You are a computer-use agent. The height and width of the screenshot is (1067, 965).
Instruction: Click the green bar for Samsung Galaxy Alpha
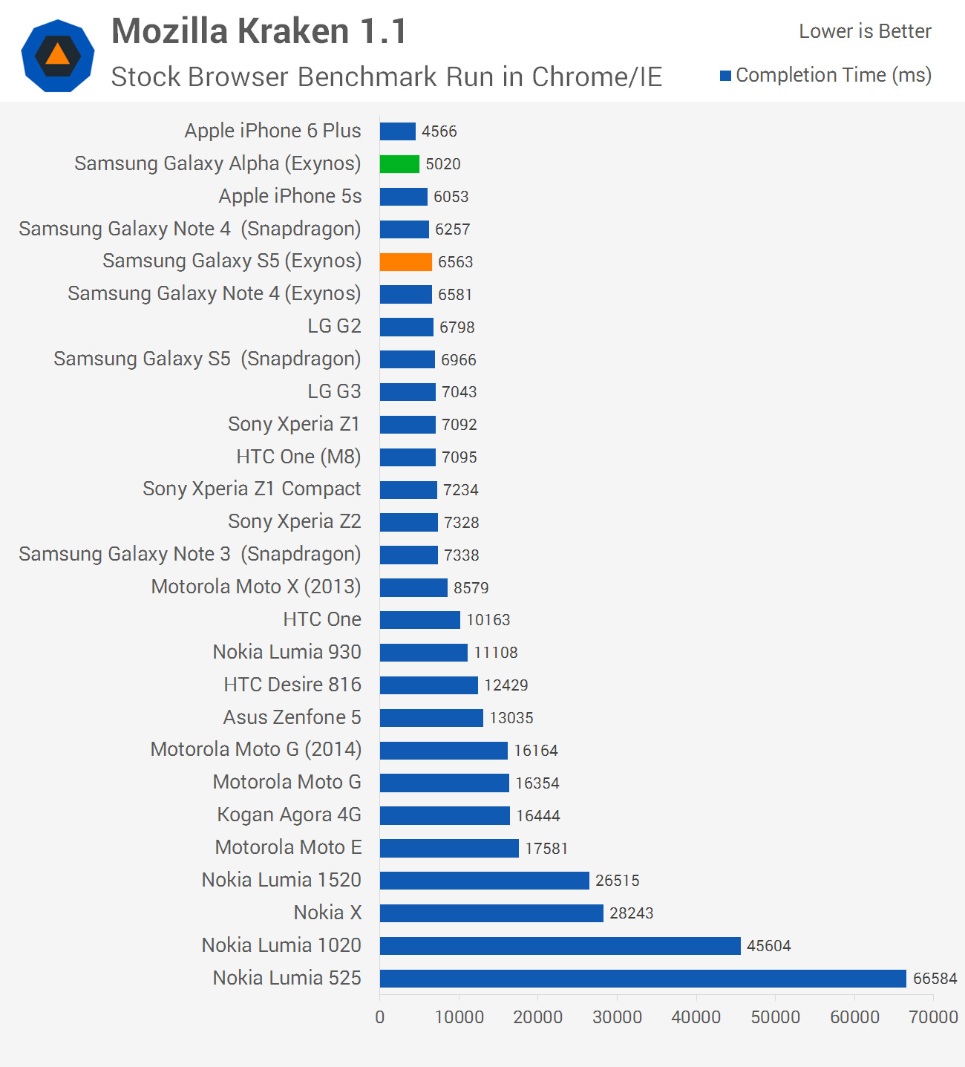pos(399,164)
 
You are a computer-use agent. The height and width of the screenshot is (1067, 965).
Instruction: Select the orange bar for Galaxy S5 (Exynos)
pos(405,262)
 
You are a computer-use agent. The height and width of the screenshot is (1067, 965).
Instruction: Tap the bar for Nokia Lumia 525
pos(643,979)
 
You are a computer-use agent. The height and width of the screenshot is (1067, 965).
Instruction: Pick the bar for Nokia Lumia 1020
pos(560,946)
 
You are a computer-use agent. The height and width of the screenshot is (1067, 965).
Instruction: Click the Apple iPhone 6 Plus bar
pos(397,131)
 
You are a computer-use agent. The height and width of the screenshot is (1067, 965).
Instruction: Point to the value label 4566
pos(439,131)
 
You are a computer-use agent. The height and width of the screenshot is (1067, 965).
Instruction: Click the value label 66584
pos(935,979)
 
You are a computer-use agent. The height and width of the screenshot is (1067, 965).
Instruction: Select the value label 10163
pos(488,620)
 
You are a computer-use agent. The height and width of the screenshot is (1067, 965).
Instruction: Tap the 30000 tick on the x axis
pos(617,1017)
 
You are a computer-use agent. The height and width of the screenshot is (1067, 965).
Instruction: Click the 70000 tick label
pos(933,1017)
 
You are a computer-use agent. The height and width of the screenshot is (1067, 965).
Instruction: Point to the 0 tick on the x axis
pos(380,1017)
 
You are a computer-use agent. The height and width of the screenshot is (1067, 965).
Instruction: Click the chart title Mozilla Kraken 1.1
pos(259,32)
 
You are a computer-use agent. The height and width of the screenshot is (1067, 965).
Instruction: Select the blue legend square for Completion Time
pos(726,76)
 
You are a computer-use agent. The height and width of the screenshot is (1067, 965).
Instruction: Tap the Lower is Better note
pos(865,32)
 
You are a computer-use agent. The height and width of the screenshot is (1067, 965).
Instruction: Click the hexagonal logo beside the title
pos(58,56)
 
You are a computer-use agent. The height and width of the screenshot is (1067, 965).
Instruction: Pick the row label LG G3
pos(334,391)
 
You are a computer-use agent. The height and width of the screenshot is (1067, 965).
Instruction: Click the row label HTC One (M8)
pos(298,457)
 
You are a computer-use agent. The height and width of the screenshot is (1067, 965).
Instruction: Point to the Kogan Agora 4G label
pos(289,815)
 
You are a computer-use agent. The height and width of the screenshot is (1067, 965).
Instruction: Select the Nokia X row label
pos(327,913)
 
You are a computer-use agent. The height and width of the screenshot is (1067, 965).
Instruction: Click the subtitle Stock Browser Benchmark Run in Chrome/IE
pos(386,77)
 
